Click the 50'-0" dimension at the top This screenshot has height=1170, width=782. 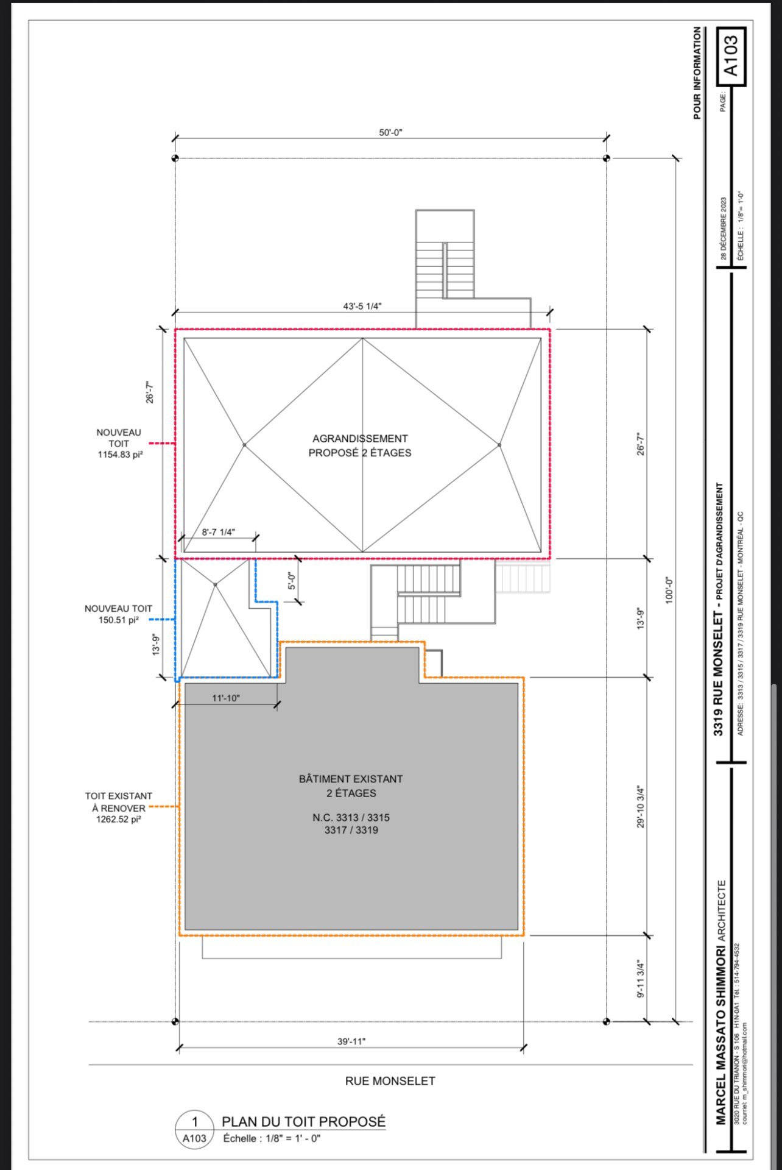click(390, 132)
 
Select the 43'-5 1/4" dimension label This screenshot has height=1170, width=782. click(362, 306)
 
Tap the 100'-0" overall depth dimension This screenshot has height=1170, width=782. click(670, 590)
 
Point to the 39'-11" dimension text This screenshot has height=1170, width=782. click(351, 1041)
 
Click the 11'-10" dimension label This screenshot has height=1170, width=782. click(226, 698)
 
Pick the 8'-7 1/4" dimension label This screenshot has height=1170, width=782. click(218, 532)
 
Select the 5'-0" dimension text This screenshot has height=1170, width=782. click(292, 581)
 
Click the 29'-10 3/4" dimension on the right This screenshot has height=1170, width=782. click(641, 806)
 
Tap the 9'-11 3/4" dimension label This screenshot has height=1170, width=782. click(641, 979)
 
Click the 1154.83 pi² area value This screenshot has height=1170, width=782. click(120, 455)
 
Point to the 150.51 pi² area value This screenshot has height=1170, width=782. click(119, 620)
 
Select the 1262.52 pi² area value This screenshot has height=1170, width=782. click(119, 819)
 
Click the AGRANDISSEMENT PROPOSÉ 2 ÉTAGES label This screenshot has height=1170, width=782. click(360, 445)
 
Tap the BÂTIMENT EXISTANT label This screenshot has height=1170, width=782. click(351, 779)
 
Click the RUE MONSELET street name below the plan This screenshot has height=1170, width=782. click(390, 1081)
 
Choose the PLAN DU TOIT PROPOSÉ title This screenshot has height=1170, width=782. click(303, 1121)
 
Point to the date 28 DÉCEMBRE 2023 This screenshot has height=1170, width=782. click(724, 228)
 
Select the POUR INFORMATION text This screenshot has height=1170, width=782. click(697, 73)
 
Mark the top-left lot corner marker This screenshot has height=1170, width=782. click(175, 158)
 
